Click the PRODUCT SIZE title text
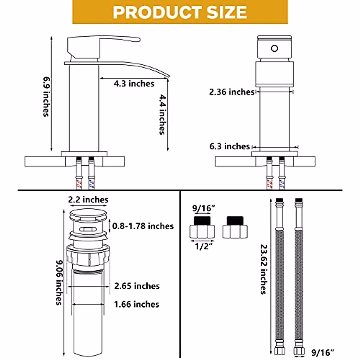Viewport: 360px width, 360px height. (x=180, y=12)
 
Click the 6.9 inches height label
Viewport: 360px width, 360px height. (x=46, y=97)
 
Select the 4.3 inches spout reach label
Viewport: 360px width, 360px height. (x=134, y=84)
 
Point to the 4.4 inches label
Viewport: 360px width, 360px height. (x=162, y=114)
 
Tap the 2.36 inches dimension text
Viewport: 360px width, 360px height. (x=232, y=92)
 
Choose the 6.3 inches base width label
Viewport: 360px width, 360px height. (x=229, y=146)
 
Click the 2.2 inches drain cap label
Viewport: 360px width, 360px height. (x=88, y=200)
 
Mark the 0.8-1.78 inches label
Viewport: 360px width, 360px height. (x=143, y=226)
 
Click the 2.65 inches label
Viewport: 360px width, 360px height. (x=137, y=286)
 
